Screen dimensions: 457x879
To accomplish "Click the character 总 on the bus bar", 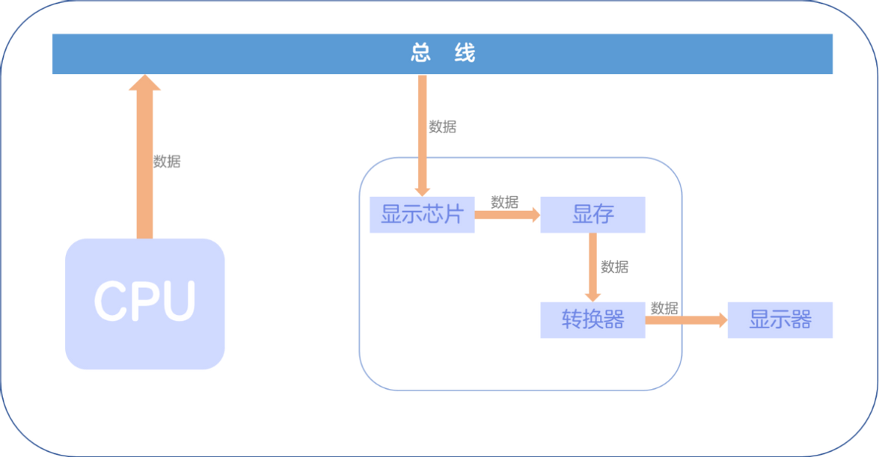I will tap(420, 53).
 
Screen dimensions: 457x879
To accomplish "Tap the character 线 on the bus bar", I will tap(464, 53).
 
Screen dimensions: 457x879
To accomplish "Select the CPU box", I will tap(145, 303).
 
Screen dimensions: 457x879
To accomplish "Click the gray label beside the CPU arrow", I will tap(168, 162).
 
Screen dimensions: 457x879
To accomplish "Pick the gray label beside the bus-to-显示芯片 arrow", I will tap(443, 127).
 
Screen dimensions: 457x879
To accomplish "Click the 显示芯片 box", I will tap(422, 215).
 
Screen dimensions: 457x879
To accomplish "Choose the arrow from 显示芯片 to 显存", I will tap(505, 215).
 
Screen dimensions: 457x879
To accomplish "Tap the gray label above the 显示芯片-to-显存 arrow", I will tap(504, 200).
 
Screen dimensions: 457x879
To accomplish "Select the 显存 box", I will tap(593, 215).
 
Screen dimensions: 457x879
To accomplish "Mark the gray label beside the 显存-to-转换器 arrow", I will tap(615, 267).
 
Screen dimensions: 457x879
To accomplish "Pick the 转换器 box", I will tap(593, 320).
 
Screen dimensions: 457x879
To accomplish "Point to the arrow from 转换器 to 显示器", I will tap(686, 320).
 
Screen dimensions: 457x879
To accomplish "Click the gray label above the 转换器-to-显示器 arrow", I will tap(664, 306).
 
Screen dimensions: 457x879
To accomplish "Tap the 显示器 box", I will tap(780, 320).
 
